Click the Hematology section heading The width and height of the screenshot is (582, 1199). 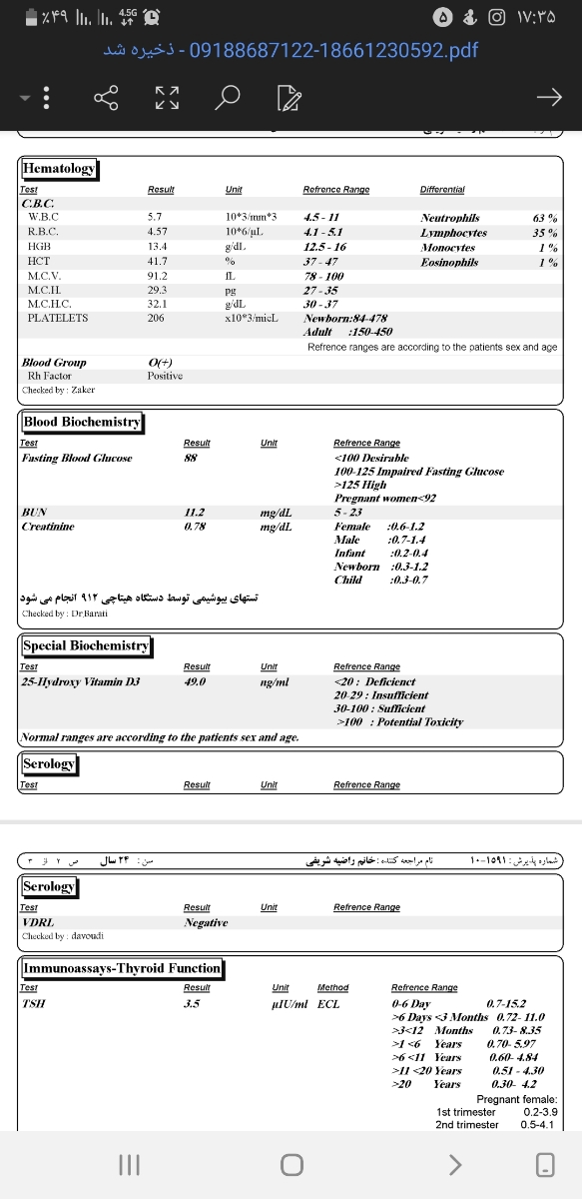tap(59, 168)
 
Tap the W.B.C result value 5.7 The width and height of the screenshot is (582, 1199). tap(154, 217)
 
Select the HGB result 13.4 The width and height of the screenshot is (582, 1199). tap(157, 246)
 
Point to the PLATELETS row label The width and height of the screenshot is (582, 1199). tap(58, 318)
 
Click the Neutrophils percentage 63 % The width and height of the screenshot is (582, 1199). tap(545, 217)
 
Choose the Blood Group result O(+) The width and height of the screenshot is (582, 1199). tap(160, 362)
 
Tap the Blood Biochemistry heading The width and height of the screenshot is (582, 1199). tap(82, 422)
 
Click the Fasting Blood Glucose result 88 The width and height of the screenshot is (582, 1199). tap(190, 458)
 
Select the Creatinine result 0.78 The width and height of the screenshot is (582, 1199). tap(195, 527)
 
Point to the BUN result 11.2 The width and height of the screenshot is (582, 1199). tap(195, 513)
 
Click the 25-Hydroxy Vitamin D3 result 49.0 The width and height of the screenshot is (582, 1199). tap(195, 681)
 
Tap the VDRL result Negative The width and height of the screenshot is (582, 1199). tap(206, 922)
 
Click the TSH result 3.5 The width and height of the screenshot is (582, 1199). tap(193, 1003)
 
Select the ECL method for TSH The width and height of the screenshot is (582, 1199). tap(328, 1003)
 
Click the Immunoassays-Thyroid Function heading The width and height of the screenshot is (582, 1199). tap(122, 967)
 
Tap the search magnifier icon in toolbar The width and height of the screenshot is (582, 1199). tap(229, 97)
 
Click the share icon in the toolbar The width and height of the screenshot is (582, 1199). tap(106, 97)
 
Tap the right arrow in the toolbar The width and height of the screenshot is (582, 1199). tap(549, 97)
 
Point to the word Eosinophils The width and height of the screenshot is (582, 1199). tap(449, 262)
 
